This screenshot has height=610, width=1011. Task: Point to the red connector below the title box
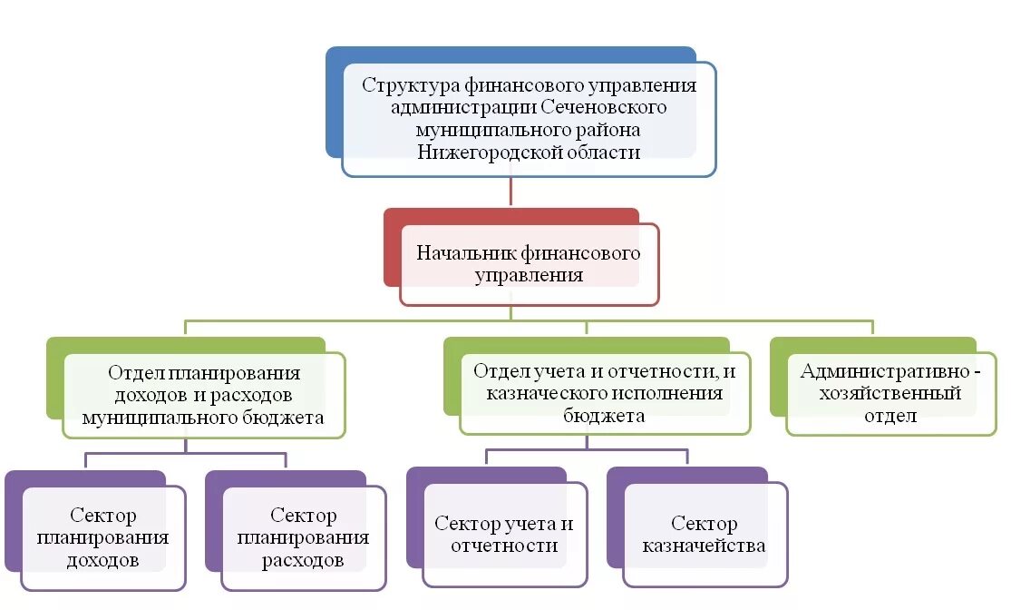(511, 192)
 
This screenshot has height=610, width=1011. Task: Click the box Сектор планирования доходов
(102, 537)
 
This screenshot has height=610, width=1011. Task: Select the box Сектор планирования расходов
(303, 537)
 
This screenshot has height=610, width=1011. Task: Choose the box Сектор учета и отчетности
(504, 535)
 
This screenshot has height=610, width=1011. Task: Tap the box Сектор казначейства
(705, 535)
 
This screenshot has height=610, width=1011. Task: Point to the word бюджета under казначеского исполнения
(604, 416)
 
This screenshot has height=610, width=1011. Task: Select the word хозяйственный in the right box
(889, 394)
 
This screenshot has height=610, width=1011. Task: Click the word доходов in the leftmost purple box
(102, 560)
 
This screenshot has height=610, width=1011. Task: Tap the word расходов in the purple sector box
(303, 560)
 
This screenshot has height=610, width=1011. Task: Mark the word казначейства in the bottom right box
(705, 546)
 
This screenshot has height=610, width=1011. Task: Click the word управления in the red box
(529, 275)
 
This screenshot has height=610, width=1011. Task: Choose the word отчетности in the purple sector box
(504, 546)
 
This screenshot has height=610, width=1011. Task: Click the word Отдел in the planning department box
(135, 373)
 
